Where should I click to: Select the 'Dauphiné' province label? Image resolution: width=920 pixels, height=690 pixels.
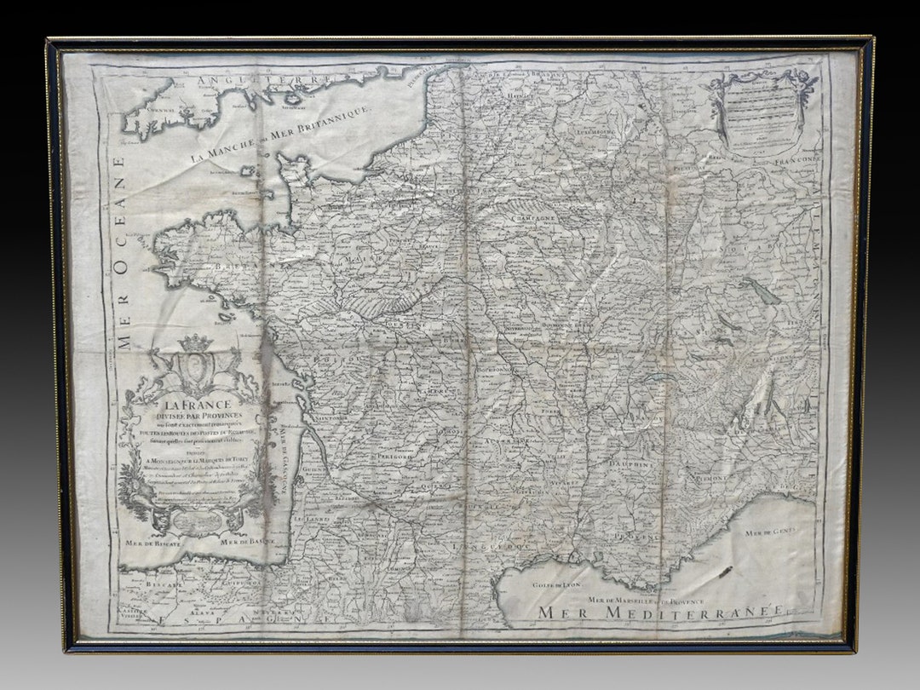click(x=631, y=464)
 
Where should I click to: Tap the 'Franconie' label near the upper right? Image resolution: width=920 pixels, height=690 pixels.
click(x=796, y=159)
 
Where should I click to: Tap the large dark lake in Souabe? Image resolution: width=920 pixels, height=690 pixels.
click(x=760, y=290)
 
